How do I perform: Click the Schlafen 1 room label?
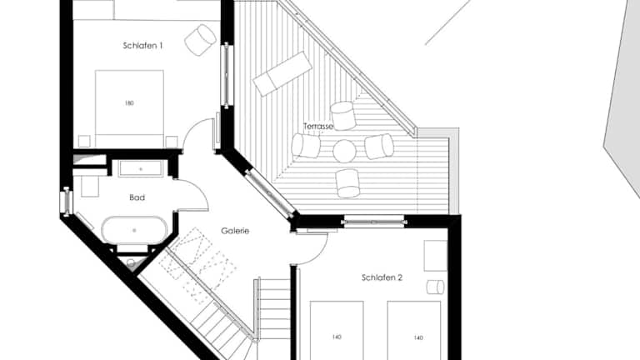(x=142, y=46)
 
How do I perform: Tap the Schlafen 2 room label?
(x=382, y=278)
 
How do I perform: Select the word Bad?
(x=137, y=197)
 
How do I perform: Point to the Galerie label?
(x=235, y=231)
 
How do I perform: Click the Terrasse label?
(x=318, y=127)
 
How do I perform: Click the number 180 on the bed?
(x=129, y=103)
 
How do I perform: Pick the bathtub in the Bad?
(x=134, y=230)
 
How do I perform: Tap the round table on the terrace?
(x=344, y=151)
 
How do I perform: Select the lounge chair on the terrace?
(x=282, y=73)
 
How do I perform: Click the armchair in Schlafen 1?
(x=200, y=40)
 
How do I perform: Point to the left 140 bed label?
(x=337, y=337)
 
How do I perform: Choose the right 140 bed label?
(x=418, y=338)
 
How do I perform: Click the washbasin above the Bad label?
(x=140, y=168)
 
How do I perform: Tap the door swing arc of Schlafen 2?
(x=320, y=252)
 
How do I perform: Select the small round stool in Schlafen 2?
(x=436, y=287)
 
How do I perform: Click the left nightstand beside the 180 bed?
(x=84, y=141)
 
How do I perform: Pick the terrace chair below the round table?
(x=347, y=183)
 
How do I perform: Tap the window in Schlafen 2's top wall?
(x=374, y=222)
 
